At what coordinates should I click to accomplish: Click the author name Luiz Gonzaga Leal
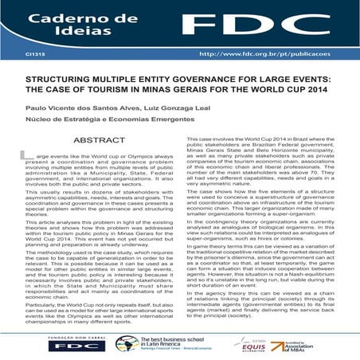tap(163, 109)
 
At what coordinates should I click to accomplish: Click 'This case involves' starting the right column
tap(211, 139)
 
